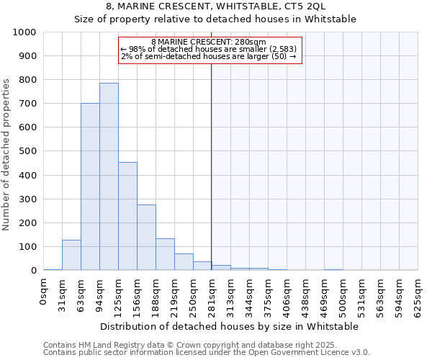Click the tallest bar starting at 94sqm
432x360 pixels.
click(109, 176)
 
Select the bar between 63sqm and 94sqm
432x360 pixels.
click(90, 186)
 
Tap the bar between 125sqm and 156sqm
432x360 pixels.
click(127, 216)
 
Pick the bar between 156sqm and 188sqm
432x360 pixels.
click(146, 238)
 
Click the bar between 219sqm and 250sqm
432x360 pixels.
click(184, 262)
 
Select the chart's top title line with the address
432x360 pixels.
click(216, 6)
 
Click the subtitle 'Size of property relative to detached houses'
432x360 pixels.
click(216, 19)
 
